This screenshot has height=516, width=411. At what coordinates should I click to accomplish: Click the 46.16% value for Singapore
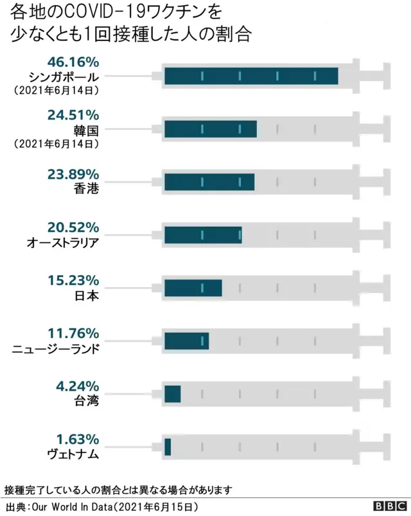(x=74, y=62)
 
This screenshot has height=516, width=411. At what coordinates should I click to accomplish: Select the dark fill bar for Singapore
(x=251, y=76)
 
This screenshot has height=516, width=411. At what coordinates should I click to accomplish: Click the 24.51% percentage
(x=74, y=115)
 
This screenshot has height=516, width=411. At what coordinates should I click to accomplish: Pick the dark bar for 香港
(x=209, y=182)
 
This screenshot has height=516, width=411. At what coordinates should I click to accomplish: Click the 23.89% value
(x=74, y=174)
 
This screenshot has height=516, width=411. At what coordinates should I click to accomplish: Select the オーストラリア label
(x=63, y=242)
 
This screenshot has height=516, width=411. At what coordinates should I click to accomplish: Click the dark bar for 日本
(x=193, y=288)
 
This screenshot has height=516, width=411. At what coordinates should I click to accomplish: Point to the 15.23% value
(x=74, y=280)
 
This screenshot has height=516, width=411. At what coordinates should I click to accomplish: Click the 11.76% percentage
(x=74, y=334)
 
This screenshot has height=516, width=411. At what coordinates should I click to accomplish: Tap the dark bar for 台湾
(x=172, y=393)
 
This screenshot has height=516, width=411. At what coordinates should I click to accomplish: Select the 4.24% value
(x=77, y=386)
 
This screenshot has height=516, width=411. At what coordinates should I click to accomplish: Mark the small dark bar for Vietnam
(x=168, y=447)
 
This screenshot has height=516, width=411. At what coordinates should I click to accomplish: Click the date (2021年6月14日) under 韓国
(x=56, y=144)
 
